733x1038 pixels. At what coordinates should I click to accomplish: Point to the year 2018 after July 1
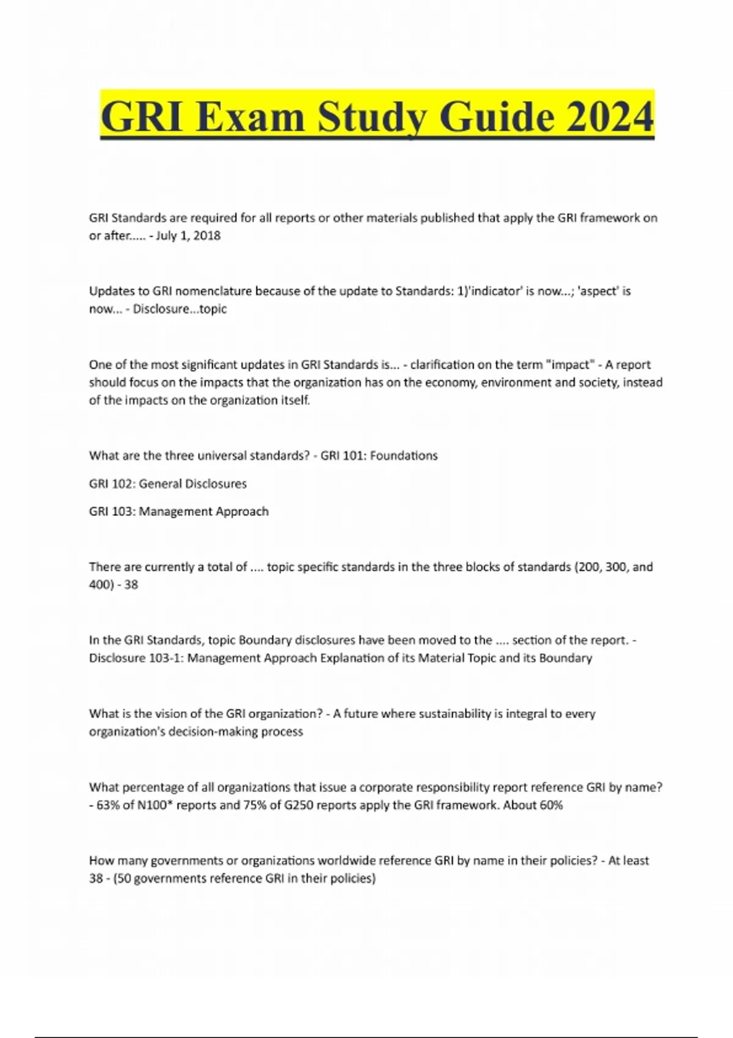pyautogui.click(x=206, y=236)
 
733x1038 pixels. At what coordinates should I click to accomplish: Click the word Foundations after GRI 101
pyautogui.click(x=404, y=455)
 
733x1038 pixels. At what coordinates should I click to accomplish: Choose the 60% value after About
pyautogui.click(x=550, y=805)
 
